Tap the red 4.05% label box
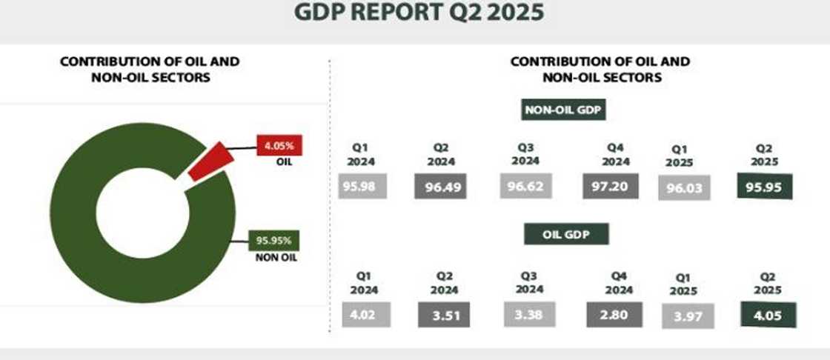pos(275,145)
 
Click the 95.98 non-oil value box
pos(362,186)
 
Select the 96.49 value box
pos(442,187)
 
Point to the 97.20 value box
pos(610,186)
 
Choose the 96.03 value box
pos(684,188)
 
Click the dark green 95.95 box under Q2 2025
pos(763,187)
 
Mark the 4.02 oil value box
pos(362,315)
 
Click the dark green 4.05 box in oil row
pos(768,315)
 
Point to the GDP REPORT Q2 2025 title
pos(419,13)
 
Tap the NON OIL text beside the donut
pos(278,258)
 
